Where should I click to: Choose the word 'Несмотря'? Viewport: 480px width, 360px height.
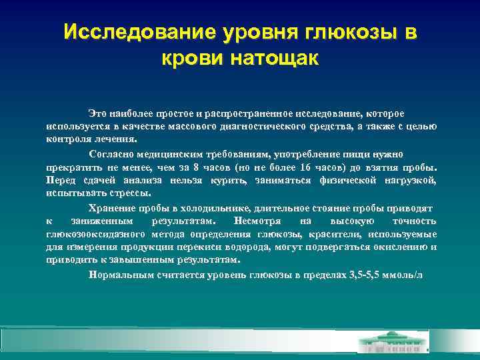click(251, 221)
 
